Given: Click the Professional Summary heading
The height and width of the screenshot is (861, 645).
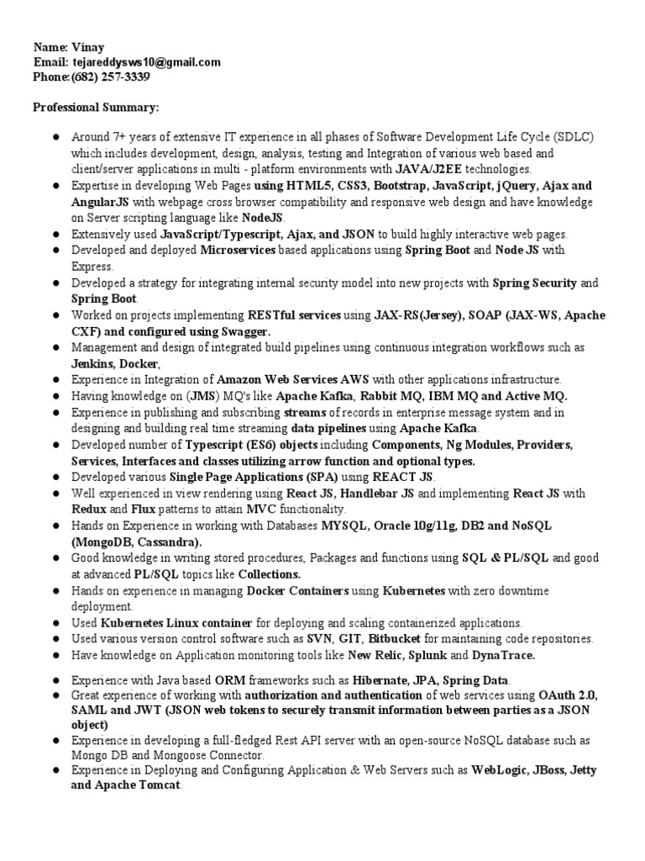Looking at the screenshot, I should [96, 108].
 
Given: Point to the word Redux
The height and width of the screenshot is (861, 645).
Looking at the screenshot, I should [88, 510].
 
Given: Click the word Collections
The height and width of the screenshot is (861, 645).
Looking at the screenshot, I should [269, 573].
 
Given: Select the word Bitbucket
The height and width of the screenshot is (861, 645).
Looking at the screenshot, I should [395, 639].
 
